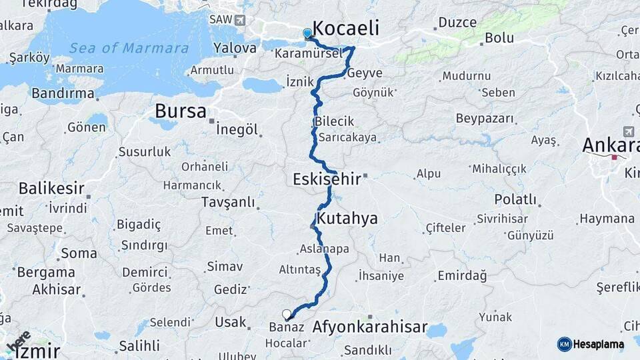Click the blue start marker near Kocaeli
[307, 33]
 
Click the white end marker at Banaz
[287, 314]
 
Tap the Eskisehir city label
[326, 179]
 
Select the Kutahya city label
[347, 218]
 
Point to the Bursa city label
[180, 111]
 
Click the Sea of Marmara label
[129, 48]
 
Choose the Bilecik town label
[333, 122]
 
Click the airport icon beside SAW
[239, 20]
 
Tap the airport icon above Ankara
[628, 131]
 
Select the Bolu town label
[499, 38]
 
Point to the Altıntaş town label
[300, 270]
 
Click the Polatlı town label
[515, 199]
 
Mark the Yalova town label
[235, 48]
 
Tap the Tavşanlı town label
[228, 202]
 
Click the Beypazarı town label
[485, 119]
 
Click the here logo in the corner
[19, 342]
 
